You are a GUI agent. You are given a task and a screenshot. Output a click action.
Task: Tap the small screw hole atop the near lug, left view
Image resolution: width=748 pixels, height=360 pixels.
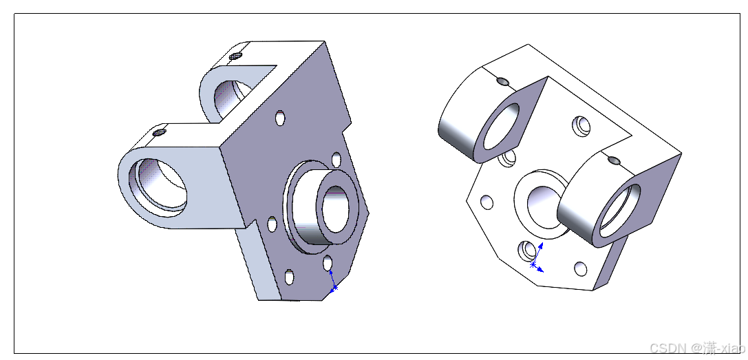[x=160, y=131]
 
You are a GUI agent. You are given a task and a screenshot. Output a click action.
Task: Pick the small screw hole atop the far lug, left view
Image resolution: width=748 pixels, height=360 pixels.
[x=235, y=56]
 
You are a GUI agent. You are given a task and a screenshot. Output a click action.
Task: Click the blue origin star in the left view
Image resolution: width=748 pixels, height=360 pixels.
[x=335, y=288]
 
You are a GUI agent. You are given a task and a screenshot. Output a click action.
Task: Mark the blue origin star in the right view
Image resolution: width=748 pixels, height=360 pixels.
[x=533, y=264]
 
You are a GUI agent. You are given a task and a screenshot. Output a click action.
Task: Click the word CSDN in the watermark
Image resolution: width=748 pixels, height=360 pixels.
[x=666, y=348]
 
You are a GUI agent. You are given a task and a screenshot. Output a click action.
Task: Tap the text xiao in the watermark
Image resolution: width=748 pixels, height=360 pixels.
[x=729, y=348]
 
